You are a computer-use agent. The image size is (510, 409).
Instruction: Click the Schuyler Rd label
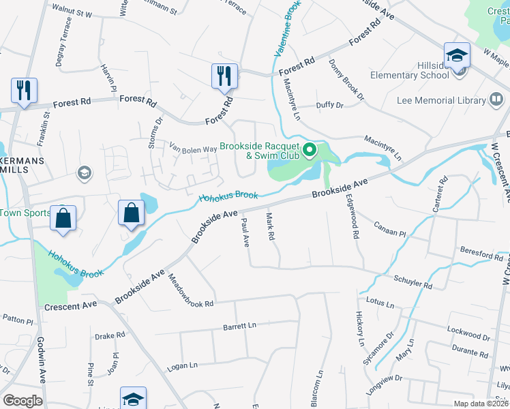[x=413, y=282]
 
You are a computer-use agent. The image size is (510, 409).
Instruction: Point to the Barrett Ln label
[x=239, y=327]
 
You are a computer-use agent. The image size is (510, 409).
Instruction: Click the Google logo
[x=22, y=400]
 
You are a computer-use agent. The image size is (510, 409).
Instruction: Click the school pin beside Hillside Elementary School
[x=457, y=57]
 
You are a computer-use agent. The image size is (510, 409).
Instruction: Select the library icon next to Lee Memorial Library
[x=498, y=101]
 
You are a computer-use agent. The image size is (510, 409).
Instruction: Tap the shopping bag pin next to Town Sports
[x=63, y=218]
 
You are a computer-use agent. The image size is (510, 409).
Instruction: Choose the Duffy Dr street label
[x=329, y=106]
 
